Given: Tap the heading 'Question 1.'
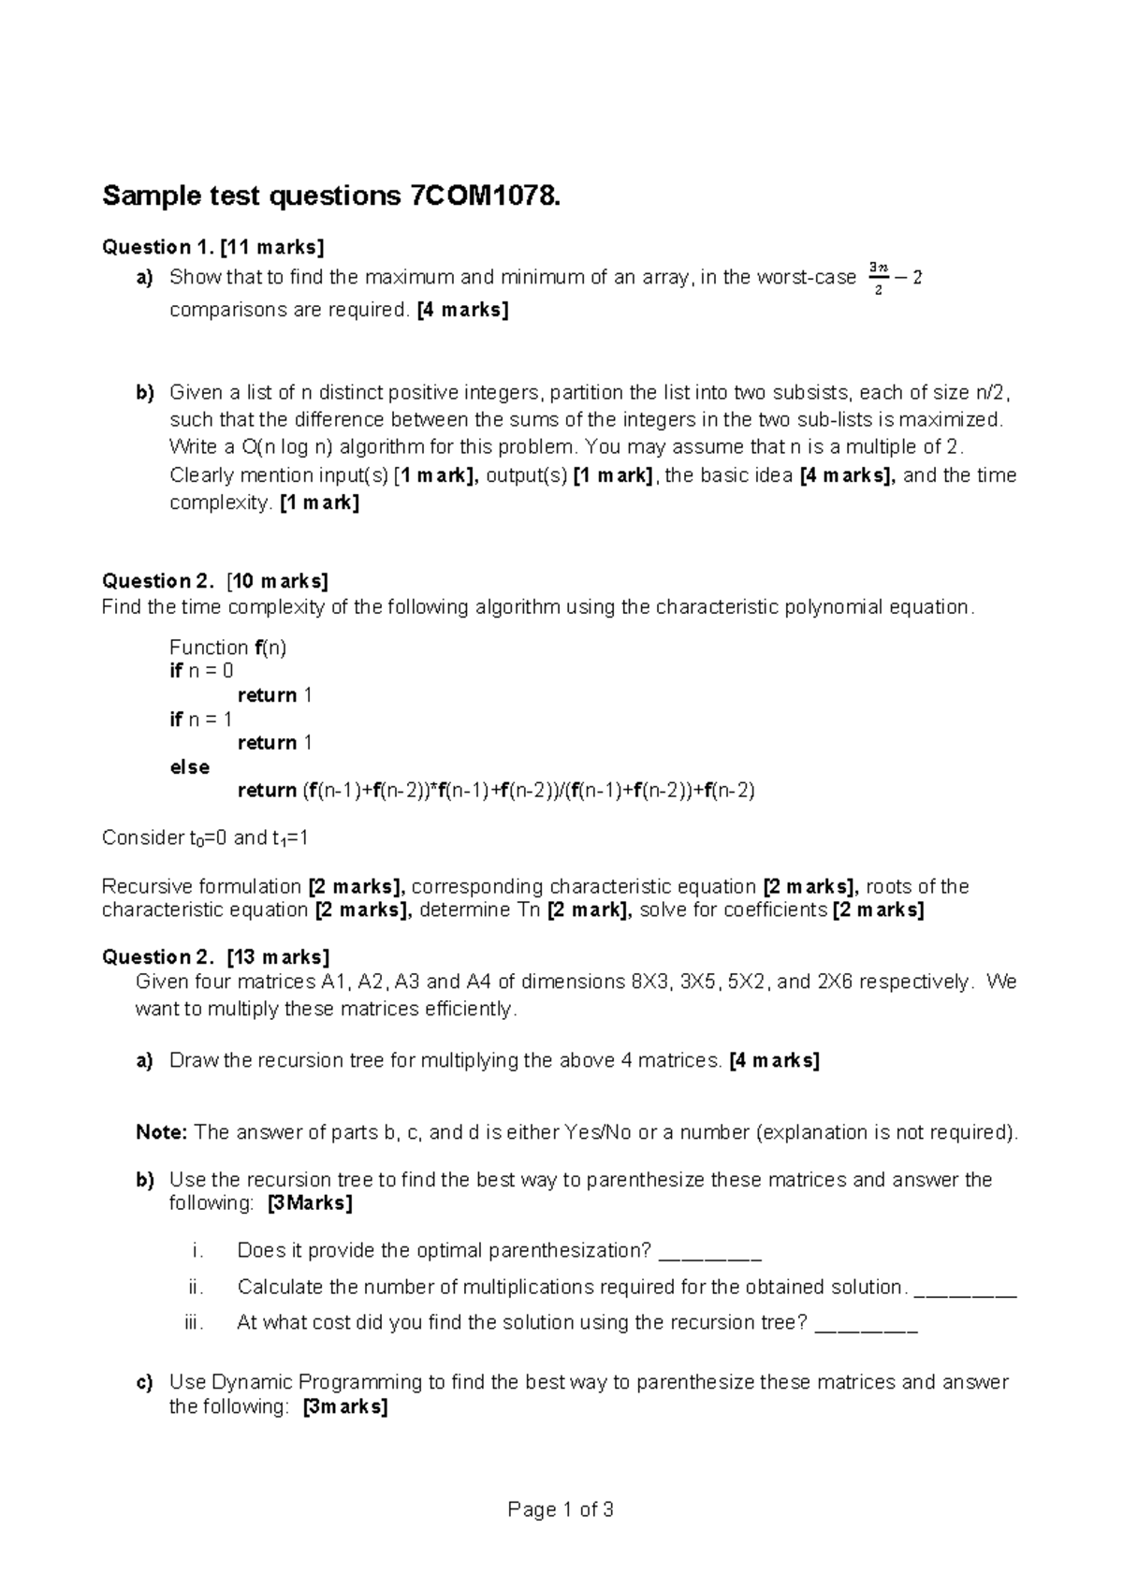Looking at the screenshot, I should pos(156,247).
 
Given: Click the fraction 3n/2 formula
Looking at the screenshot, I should pos(876,278).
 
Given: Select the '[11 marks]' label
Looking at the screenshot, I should pos(271,247).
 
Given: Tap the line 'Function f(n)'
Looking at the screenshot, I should pos(227,648).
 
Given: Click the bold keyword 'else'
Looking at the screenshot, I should pos(189,767).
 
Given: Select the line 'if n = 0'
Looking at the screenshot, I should pos(201,671).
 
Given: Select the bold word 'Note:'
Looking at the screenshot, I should pos(163,1133).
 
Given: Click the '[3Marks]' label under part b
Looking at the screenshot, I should pos(310,1203).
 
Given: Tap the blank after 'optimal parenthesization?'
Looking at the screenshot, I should pos(710,1253).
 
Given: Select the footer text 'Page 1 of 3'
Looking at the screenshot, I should pos(561,1510).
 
